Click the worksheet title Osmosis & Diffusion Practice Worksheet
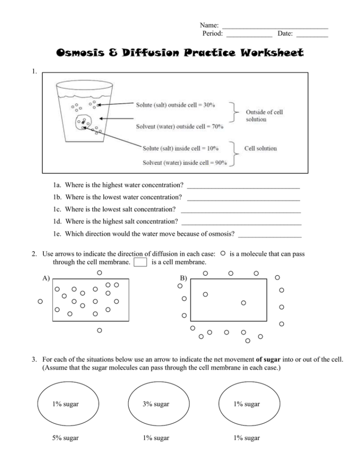pos(180,52)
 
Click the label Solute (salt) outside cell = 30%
pos(175,104)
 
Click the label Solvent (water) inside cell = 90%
pos(185,162)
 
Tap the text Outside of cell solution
pos(264,115)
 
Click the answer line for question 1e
pos(270,235)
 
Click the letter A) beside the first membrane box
pos(46,278)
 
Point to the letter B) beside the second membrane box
pos(183,278)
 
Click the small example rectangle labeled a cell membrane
pos(140,262)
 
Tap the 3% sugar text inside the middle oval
pos(156,404)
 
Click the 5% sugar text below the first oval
pos(65,438)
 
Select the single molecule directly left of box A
pos(40,301)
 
